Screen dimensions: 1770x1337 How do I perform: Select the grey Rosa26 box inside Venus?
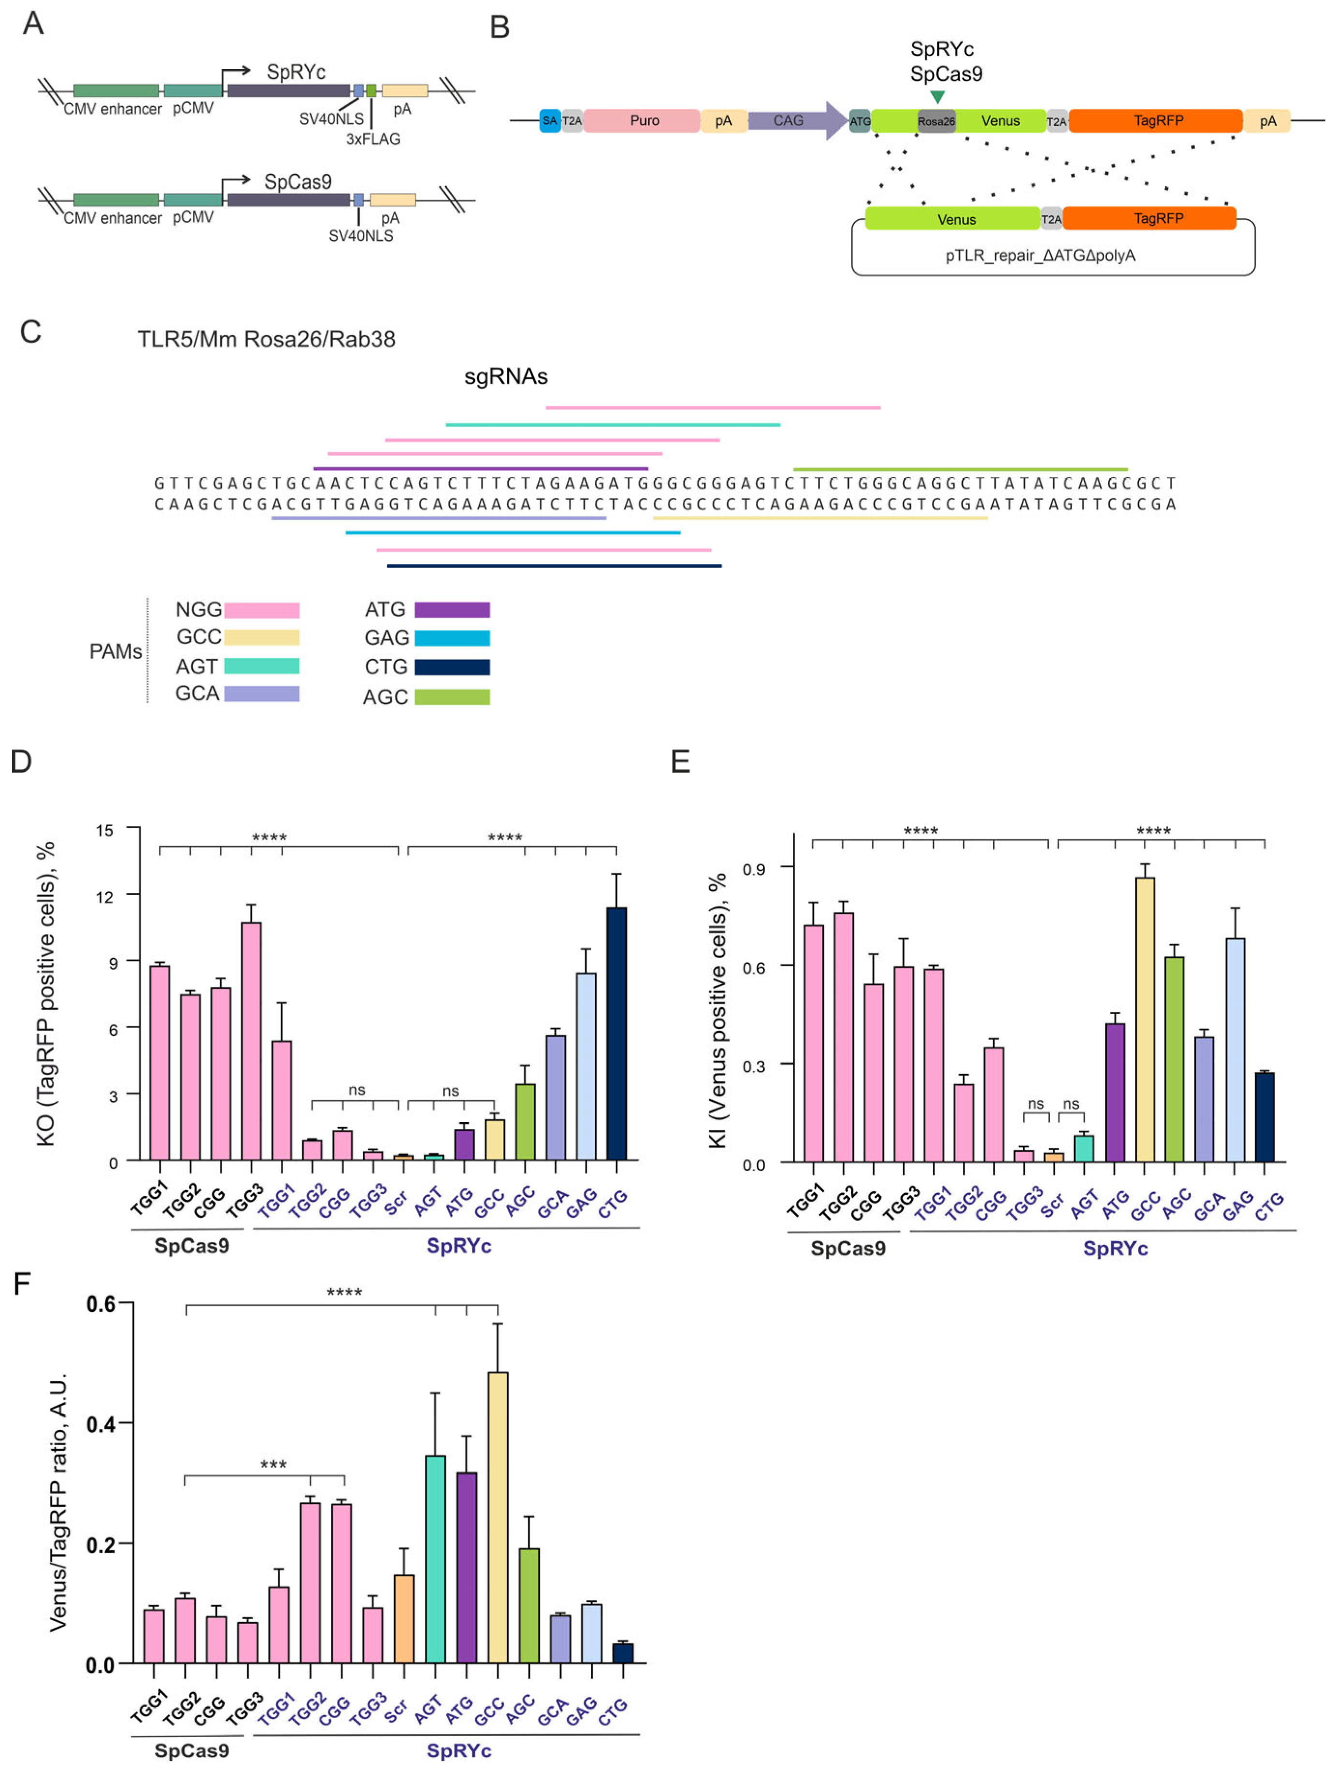[935, 122]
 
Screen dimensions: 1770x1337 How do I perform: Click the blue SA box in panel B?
[550, 121]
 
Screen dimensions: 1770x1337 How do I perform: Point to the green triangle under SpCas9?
[938, 97]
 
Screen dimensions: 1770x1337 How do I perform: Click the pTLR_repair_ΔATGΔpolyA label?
[1040, 255]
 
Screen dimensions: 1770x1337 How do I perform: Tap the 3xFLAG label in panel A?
[373, 139]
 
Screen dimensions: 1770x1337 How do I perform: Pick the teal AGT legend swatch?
[261, 666]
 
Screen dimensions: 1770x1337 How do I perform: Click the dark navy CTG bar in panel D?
[616, 1032]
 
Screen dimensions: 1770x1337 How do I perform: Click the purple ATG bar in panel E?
[1115, 1092]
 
